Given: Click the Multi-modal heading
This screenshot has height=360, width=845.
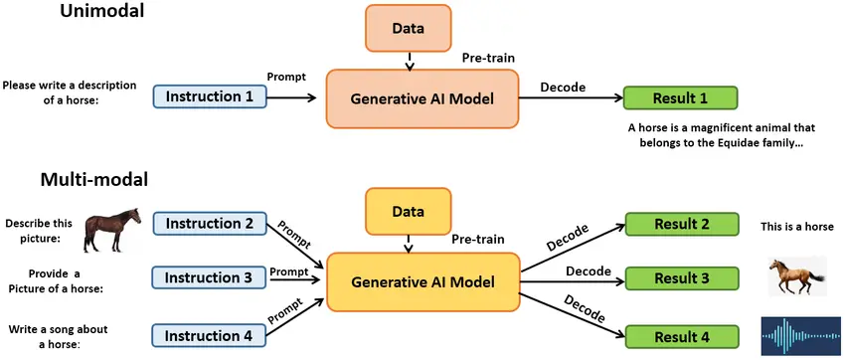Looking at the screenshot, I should [x=93, y=180].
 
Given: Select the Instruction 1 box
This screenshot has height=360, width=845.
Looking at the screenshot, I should [x=210, y=96].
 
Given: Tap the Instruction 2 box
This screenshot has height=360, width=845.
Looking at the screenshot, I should [x=210, y=224].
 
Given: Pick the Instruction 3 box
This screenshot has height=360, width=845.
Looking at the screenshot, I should [x=210, y=277].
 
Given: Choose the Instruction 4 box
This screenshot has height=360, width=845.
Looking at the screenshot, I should [x=210, y=336].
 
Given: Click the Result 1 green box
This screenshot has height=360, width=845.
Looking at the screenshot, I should [x=680, y=97].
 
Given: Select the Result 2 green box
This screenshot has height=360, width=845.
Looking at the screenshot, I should [x=681, y=225].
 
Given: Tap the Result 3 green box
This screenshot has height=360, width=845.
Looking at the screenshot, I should [x=681, y=279].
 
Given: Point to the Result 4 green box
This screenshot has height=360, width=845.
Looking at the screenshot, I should [x=681, y=338].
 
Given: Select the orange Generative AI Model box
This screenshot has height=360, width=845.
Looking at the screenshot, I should [x=422, y=97].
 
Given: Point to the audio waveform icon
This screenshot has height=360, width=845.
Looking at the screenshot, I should [x=799, y=335].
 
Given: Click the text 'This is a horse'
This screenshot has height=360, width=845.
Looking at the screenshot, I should [x=797, y=227].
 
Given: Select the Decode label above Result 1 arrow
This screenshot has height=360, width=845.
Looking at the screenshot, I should [x=563, y=87].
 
